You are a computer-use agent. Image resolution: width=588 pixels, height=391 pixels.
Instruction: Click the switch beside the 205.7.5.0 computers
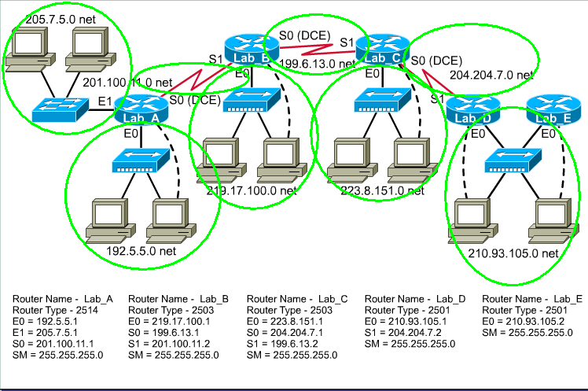(61, 108)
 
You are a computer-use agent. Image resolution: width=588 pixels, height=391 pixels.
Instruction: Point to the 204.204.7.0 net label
(491, 75)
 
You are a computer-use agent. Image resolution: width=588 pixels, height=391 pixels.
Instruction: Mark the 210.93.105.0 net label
(513, 253)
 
